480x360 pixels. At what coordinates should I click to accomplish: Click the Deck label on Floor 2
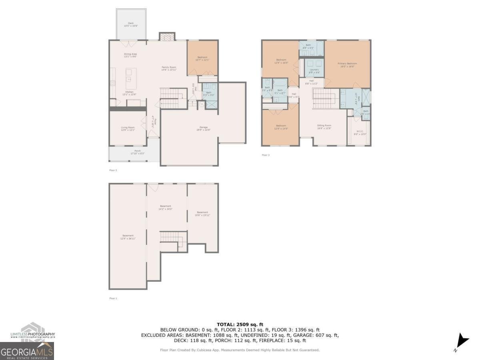pos(131,24)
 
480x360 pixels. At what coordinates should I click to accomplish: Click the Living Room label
pos(128,129)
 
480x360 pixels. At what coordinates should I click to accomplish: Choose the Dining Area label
pos(130,55)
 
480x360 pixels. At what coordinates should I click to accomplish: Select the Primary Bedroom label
pos(347,65)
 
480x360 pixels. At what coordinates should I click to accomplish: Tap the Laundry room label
pos(314,71)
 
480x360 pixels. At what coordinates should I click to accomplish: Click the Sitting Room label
pos(324,126)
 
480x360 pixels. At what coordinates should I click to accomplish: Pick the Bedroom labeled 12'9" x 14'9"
pos(281,126)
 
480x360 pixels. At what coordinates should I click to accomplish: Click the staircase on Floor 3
pos(323,98)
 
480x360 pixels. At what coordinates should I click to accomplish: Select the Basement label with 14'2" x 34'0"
pos(165,208)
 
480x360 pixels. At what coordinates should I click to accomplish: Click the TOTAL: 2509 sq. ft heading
pos(240,324)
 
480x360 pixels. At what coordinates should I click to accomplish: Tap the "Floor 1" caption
pos(113,298)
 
